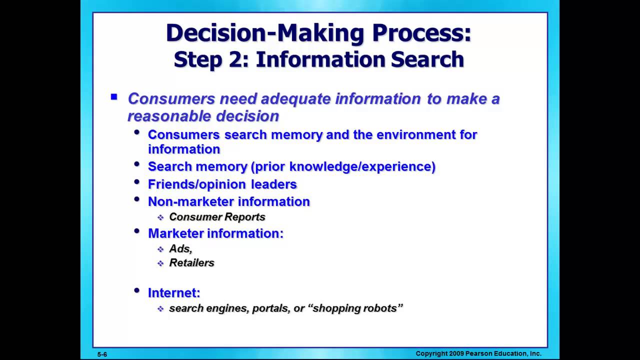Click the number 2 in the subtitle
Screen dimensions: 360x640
click(240, 59)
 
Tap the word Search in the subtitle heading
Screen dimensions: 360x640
click(427, 59)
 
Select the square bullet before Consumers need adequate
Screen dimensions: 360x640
click(114, 97)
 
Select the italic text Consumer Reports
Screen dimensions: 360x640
click(217, 217)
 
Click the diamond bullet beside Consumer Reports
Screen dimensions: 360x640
click(160, 217)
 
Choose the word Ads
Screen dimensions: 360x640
click(179, 248)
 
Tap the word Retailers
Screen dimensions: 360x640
click(191, 263)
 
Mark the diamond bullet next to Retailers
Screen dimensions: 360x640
click(160, 263)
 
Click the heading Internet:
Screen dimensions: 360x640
click(174, 293)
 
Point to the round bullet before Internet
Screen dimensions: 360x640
click(137, 290)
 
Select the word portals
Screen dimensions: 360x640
click(270, 308)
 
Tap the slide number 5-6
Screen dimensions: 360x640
click(102, 354)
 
